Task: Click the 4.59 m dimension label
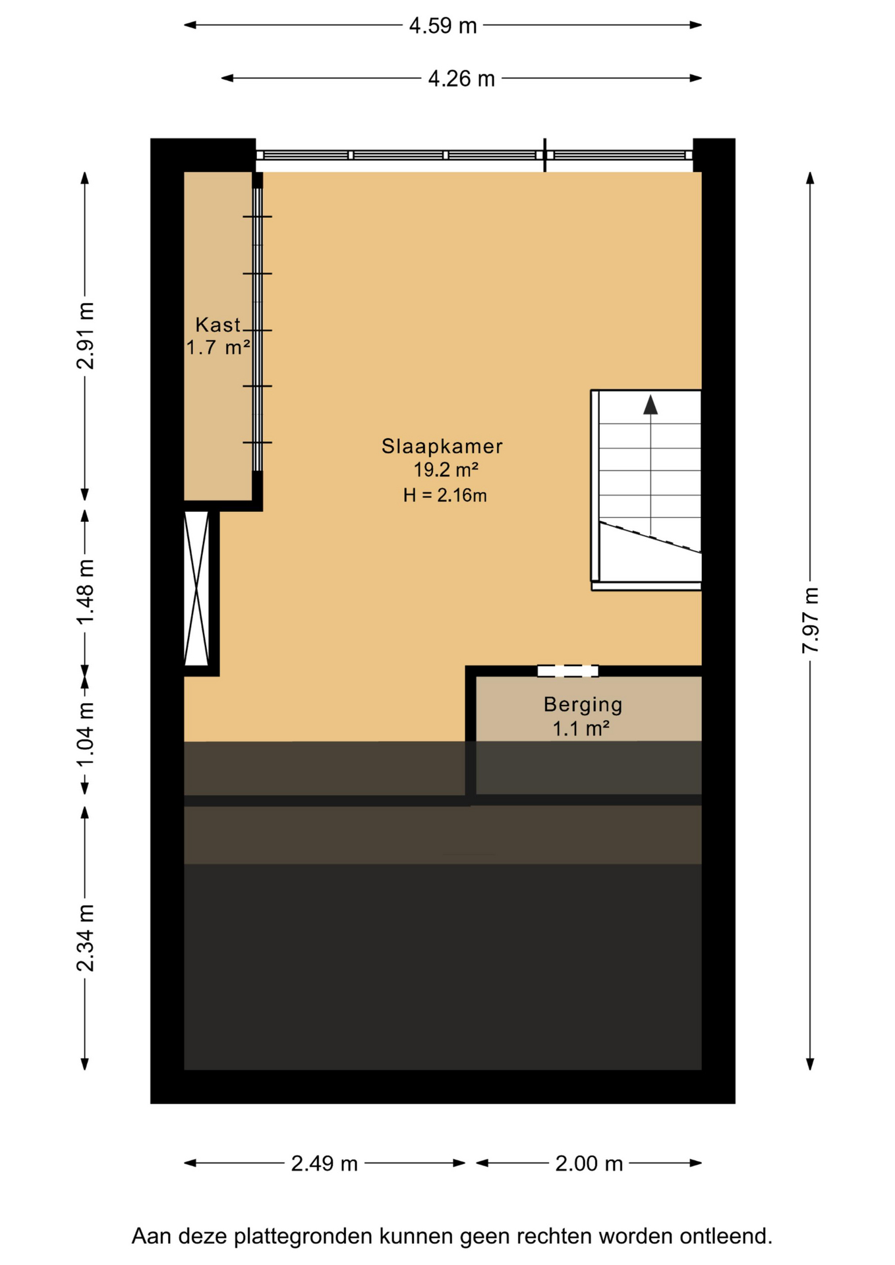443,26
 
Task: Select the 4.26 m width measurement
461,78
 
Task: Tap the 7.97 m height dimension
810,620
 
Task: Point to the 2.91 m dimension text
85,335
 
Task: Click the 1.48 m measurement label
85,592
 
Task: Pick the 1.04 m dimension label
85,734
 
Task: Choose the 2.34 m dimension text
85,938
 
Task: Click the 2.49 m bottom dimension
324,1164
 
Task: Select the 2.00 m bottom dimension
589,1164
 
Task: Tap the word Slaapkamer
442,446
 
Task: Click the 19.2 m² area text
446,470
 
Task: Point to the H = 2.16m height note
445,495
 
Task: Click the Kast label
218,325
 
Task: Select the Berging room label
583,705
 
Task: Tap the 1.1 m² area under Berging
580,729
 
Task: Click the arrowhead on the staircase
650,405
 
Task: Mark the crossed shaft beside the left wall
196,588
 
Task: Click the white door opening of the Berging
567,671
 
